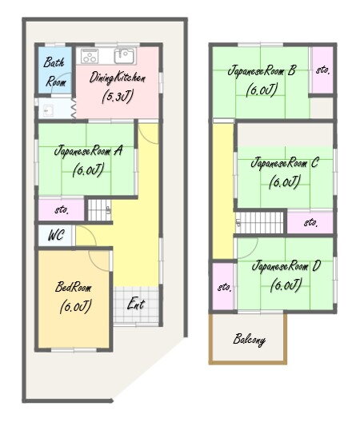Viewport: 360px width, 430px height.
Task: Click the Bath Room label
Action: (55, 72)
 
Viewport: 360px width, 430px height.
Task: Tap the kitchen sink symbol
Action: (125, 56)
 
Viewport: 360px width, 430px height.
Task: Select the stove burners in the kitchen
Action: (89, 56)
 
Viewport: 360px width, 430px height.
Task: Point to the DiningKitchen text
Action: (118, 78)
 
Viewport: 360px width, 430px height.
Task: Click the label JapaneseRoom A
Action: (88, 151)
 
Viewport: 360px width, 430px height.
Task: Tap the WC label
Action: (56, 235)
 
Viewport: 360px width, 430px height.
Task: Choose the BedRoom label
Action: (74, 287)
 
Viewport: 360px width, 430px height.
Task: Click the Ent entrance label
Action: (136, 305)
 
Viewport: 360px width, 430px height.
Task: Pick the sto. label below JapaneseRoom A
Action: (62, 210)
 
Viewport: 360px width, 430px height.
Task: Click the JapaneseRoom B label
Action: (262, 70)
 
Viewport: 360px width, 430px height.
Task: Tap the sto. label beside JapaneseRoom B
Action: (322, 70)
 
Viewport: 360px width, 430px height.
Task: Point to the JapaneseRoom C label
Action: (285, 162)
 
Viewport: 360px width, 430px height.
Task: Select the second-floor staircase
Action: (260, 223)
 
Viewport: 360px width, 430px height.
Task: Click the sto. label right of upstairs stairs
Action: (311, 222)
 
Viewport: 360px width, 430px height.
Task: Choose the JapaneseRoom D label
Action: (286, 266)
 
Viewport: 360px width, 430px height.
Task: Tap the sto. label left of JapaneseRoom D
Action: (225, 288)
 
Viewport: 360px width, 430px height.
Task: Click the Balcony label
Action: (249, 340)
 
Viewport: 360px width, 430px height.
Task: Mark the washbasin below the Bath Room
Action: (49, 110)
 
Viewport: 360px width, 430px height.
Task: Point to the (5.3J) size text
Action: (118, 96)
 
